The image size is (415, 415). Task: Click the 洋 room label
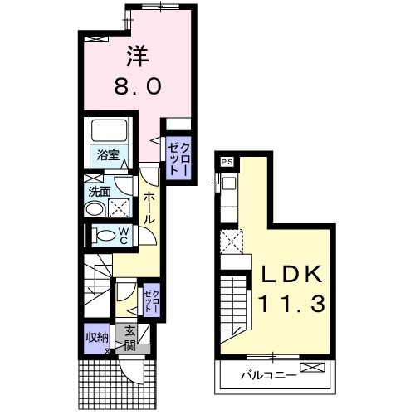[138, 56]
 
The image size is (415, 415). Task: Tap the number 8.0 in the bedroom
[138, 86]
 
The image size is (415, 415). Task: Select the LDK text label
[292, 274]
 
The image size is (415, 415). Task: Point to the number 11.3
[292, 303]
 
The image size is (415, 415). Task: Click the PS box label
[227, 162]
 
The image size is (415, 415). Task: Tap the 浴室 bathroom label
[108, 155]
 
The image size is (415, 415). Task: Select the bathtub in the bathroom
[110, 130]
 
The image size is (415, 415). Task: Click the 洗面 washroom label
[100, 192]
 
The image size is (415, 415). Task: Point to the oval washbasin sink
[94, 209]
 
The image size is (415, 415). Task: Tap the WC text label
[124, 236]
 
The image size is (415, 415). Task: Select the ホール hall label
[149, 207]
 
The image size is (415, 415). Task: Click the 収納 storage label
[97, 338]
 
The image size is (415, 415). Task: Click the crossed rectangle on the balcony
[312, 367]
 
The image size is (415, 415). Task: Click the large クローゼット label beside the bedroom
[178, 159]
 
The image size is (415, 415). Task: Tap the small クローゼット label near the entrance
[152, 301]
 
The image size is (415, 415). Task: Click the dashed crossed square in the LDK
[232, 241]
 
